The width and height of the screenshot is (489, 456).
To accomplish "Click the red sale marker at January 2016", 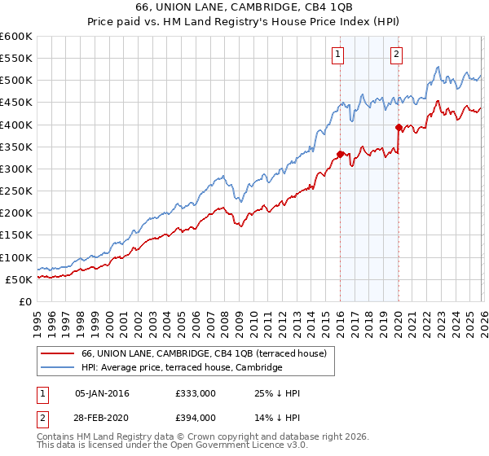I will click(x=340, y=153).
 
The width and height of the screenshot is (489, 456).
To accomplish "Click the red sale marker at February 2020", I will click(x=399, y=127).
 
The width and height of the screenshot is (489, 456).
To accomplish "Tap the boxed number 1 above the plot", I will click(x=337, y=55).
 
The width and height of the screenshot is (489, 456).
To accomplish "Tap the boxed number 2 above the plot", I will click(x=396, y=55).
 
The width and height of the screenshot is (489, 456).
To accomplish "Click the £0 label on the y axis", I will click(x=26, y=301).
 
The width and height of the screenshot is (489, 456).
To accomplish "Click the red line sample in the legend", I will click(x=59, y=353).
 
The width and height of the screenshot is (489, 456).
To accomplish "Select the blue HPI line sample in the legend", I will click(x=59, y=367).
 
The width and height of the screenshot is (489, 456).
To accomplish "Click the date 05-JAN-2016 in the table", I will click(x=102, y=393).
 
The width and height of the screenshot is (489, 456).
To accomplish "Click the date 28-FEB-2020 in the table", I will click(x=102, y=417).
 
